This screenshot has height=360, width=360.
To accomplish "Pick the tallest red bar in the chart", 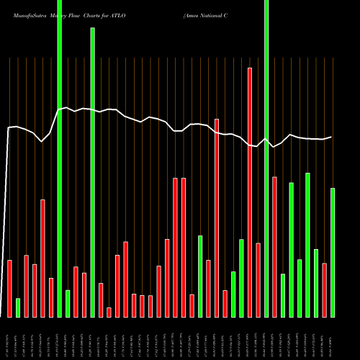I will [250, 192].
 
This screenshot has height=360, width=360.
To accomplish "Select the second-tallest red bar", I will [217, 218].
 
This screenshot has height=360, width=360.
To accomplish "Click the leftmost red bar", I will [9, 288].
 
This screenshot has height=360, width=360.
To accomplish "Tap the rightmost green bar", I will [333, 252].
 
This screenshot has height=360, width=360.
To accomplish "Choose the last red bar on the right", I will [325, 290].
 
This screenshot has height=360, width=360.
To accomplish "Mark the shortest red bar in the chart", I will [109, 312].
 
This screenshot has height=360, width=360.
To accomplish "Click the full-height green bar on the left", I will [59, 158].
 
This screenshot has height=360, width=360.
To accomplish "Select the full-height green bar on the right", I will [266, 158].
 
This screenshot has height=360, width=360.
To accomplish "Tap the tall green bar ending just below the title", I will [92, 172].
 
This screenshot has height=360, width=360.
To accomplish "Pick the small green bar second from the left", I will [18, 307].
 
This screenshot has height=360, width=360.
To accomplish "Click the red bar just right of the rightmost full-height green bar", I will [274, 247].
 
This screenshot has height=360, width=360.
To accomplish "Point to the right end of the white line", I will [332, 137].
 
